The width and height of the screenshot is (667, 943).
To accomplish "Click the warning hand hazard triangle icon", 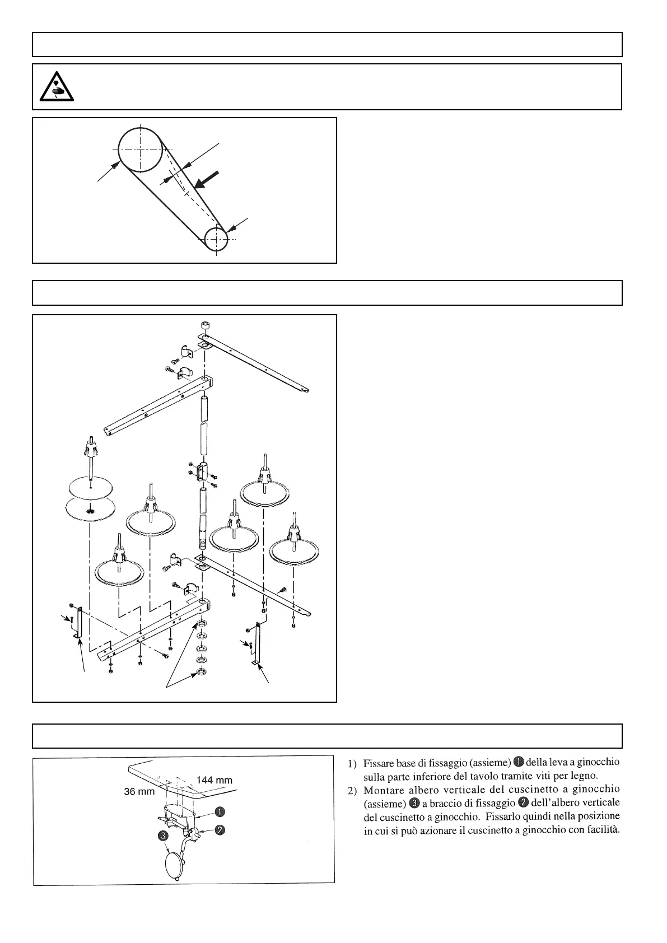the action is pos(56,87).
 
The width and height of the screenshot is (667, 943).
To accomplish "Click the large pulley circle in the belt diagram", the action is pos(140,150).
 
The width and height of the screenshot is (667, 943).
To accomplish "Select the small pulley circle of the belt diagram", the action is pos(216,240).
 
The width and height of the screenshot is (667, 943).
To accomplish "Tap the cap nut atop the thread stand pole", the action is pos(205,325).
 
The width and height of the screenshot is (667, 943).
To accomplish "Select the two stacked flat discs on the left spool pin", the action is pos(90,498).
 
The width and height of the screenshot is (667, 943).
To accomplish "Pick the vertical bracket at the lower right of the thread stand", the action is pos(257,645).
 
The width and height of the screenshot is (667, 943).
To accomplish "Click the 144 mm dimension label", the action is pos(214,780).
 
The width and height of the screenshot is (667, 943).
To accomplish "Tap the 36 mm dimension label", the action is pos(139,792).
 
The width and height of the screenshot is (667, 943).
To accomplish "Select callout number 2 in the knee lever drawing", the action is pos(221,830).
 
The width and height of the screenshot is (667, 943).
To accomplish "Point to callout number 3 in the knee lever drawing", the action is pos(163,836).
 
